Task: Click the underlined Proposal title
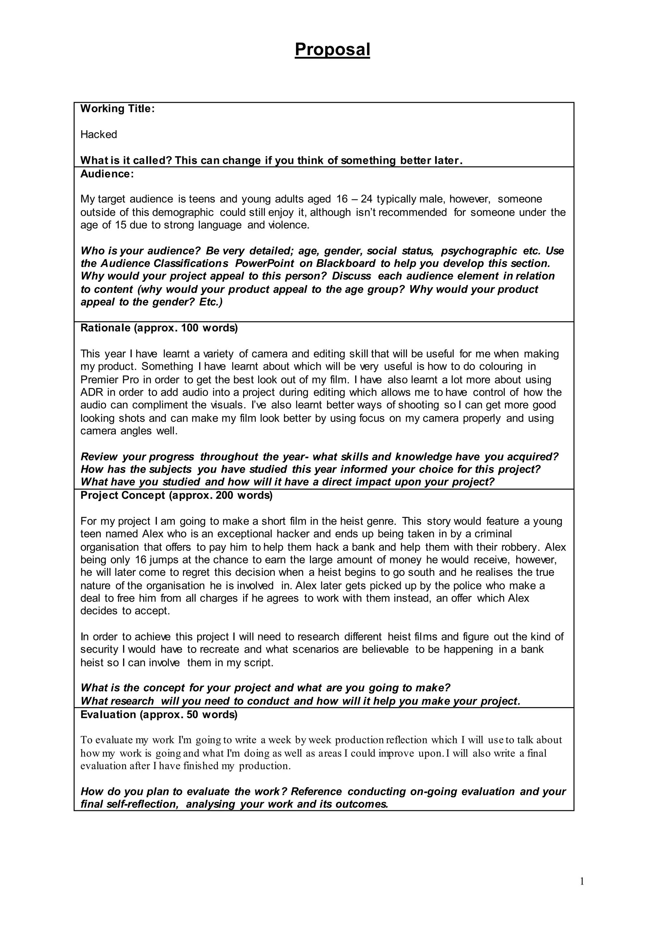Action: (x=332, y=50)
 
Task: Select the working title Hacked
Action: (x=99, y=135)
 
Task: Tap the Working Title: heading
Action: (x=117, y=109)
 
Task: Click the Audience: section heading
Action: (x=107, y=174)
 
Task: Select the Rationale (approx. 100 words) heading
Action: (x=159, y=328)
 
